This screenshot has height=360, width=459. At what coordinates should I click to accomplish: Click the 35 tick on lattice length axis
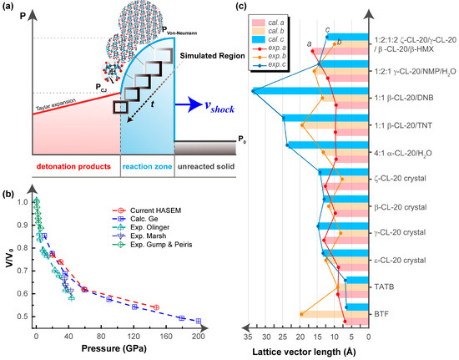248,335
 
